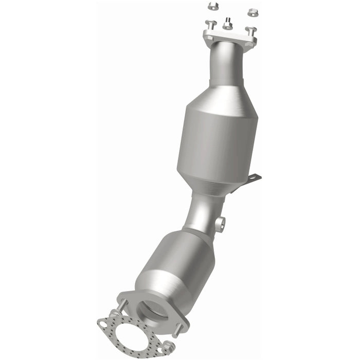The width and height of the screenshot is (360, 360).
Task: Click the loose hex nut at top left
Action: pyautogui.click(x=212, y=6)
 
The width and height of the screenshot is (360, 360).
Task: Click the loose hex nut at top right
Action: pyautogui.click(x=252, y=11)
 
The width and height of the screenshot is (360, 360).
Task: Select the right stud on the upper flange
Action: pyautogui.click(x=250, y=30)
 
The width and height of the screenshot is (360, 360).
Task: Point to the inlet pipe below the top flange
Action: pyautogui.click(x=226, y=64)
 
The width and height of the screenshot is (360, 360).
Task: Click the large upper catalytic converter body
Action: pyautogui.click(x=216, y=144)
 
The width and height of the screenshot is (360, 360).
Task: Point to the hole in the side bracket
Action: pyautogui.click(x=252, y=178)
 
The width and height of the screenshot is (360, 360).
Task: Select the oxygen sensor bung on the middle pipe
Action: pyautogui.click(x=221, y=223)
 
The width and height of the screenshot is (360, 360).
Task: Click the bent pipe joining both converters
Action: pyautogui.click(x=203, y=211)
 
